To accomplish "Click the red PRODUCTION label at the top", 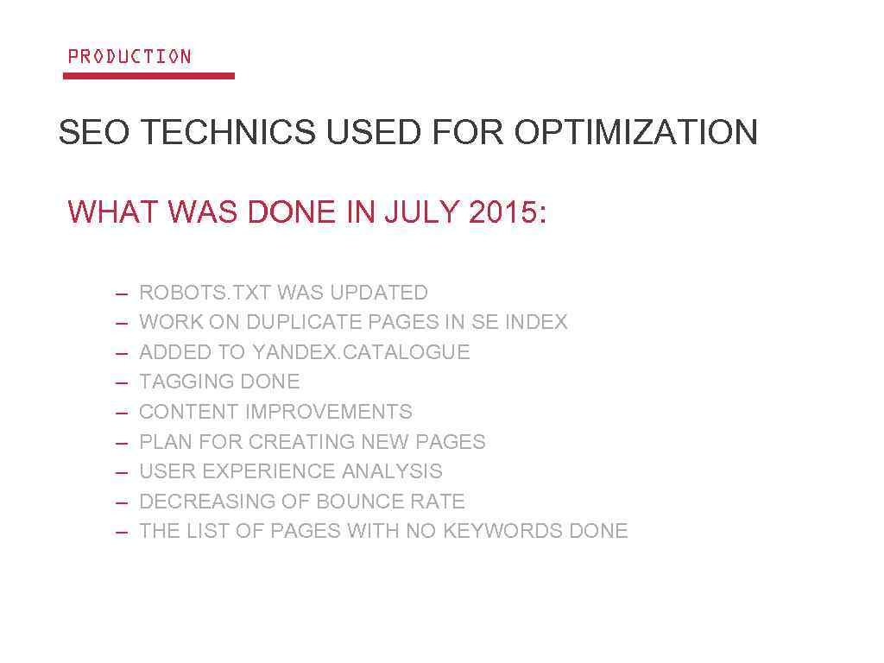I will click(129, 57).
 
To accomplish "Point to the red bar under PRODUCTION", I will click(148, 76).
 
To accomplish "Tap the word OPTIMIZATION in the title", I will click(636, 133).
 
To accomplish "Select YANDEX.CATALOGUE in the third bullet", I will click(361, 352).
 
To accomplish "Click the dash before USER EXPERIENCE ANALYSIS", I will click(122, 472).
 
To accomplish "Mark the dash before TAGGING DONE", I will click(122, 382).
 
